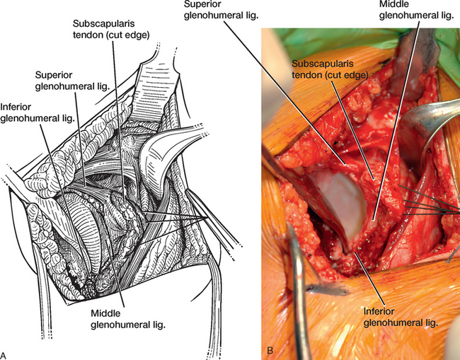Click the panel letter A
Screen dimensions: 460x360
[4, 355]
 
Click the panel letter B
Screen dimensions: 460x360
[270, 350]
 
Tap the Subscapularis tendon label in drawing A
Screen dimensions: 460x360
[111, 29]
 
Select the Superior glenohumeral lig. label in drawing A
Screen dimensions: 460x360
[72, 81]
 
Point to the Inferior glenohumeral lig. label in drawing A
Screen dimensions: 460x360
[37, 112]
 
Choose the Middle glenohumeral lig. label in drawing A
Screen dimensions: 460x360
[128, 319]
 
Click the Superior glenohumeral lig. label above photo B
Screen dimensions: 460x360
[222, 10]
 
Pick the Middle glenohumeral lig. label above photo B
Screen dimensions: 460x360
[417, 10]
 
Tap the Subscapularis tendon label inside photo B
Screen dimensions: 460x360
[330, 69]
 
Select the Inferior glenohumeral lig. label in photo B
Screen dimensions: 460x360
[401, 317]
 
